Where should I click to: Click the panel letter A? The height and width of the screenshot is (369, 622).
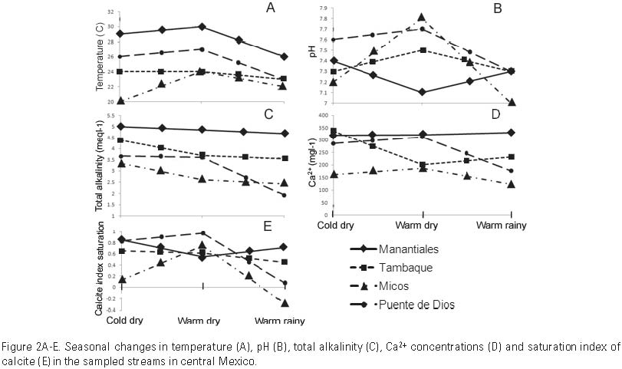click(x=270, y=8)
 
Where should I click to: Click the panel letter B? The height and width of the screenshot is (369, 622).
click(x=497, y=8)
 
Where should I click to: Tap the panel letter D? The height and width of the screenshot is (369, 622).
click(x=495, y=115)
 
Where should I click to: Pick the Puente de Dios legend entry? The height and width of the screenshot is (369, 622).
click(x=420, y=305)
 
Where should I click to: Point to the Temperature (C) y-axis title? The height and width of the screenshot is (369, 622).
click(x=100, y=57)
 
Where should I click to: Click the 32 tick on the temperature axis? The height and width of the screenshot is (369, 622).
click(x=112, y=12)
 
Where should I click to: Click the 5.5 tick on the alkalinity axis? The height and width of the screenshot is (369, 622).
click(x=110, y=117)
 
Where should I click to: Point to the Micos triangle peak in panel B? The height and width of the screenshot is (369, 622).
click(x=421, y=17)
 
